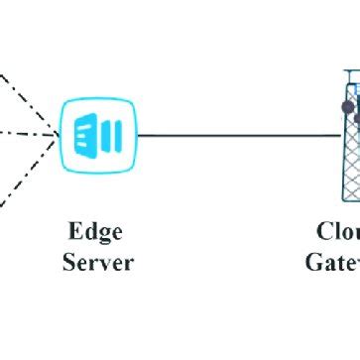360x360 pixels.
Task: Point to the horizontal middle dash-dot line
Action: [25, 133]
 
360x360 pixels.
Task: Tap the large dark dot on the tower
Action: [346, 105]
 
